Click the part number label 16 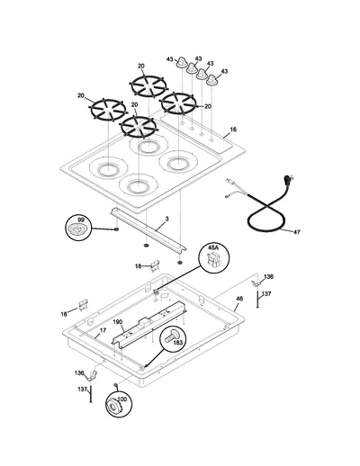(x=233, y=130)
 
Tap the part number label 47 (x=296, y=232)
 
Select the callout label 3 (x=166, y=219)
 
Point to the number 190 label (x=118, y=322)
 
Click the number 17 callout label (x=103, y=330)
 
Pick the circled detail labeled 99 (x=78, y=228)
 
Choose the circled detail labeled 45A (x=214, y=258)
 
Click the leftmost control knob (x=182, y=62)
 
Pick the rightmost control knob (x=212, y=79)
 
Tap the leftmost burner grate (x=109, y=110)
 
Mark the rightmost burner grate (x=178, y=103)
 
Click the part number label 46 (x=239, y=299)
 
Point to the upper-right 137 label (x=266, y=294)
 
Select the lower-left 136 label (x=79, y=373)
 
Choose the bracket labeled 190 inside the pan (x=149, y=325)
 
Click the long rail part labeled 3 (x=148, y=230)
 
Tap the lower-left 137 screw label (x=83, y=390)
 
